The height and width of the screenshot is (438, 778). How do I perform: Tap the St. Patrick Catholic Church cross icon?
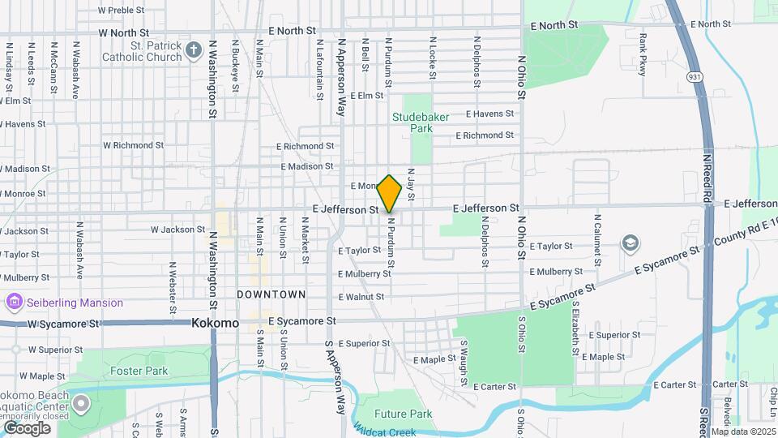pyautogui.click(x=193, y=51)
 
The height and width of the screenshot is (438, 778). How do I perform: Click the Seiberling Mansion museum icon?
pyautogui.click(x=13, y=303)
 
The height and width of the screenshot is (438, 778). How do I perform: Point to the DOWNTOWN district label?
pyautogui.click(x=271, y=294)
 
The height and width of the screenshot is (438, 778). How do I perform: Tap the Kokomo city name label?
pyautogui.click(x=216, y=323)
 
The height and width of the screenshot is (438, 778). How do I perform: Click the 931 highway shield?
pyautogui.click(x=695, y=75)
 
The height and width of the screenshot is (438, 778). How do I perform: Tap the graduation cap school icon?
pyautogui.click(x=629, y=243)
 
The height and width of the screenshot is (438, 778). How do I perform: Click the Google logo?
pyautogui.click(x=27, y=427)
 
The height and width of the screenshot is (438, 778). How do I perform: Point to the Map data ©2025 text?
pyautogui.click(x=743, y=432)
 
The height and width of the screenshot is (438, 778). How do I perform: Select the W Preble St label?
pyautogui.click(x=121, y=11)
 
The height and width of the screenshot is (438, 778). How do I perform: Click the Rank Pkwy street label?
pyautogui.click(x=643, y=55)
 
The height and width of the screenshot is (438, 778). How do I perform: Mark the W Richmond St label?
pyautogui.click(x=134, y=145)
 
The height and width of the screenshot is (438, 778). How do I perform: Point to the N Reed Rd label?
pyautogui.click(x=707, y=178)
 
